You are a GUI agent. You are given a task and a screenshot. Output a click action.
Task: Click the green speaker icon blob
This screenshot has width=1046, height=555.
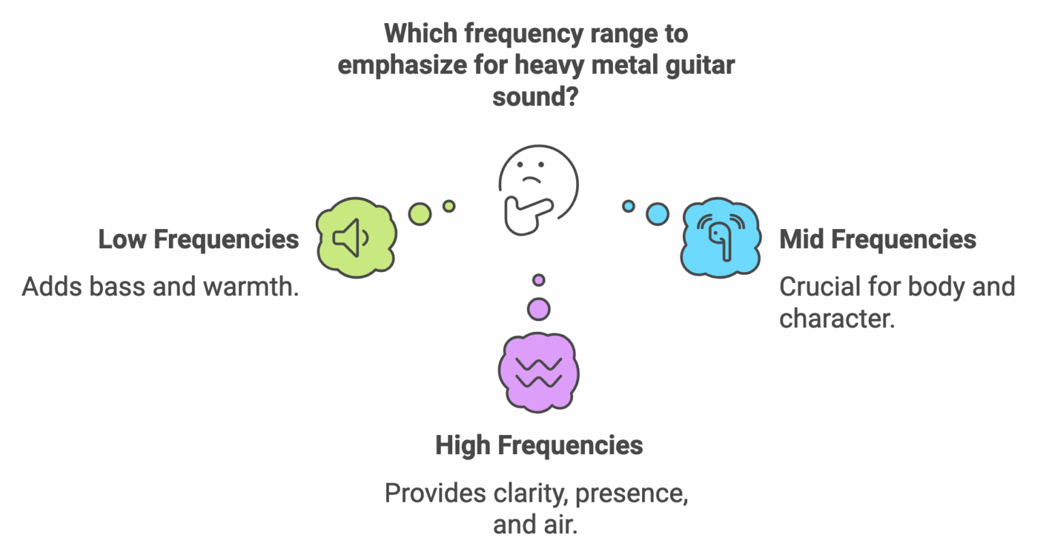pos(356,238)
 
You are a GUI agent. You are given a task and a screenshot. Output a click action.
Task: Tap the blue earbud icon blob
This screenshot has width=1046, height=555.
pos(720,238)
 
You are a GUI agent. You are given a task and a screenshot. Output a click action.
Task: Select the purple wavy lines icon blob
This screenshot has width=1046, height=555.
pos(539,372)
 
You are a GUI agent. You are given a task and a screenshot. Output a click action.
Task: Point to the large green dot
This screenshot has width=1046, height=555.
pos(420,214)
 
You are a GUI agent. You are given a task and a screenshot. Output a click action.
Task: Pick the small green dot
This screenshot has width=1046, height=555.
pos(449,206)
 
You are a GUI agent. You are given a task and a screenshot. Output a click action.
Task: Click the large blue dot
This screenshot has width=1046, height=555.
pos(657,214)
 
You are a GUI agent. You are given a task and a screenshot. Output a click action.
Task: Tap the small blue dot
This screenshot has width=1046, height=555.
pos(629,206)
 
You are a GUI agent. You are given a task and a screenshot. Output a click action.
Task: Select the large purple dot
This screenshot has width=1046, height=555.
pos(539,309)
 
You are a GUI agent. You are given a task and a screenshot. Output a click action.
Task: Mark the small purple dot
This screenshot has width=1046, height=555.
pos(539,280)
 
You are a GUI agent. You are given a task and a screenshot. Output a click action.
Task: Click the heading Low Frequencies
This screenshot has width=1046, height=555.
pos(198,239)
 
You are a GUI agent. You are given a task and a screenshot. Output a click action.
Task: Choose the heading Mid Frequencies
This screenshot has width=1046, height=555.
pos(878,239)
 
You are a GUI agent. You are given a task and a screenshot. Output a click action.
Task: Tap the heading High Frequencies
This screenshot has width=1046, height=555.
pos(539,445)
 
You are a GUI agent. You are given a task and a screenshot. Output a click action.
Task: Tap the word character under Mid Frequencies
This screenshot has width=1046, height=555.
pos(837,318)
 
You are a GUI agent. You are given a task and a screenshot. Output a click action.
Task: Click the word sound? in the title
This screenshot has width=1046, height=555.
pos(535,97)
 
